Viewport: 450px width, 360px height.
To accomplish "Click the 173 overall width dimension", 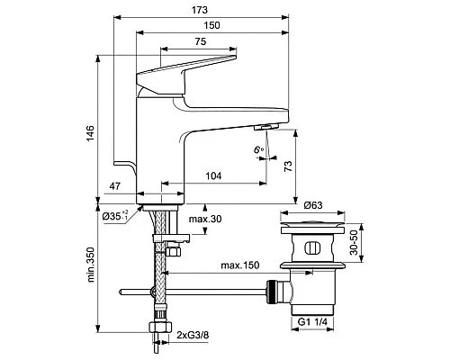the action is [x=200, y=10].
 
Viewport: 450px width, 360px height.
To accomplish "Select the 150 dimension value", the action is [x=211, y=25].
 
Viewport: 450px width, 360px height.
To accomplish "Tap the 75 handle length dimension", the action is [x=201, y=41].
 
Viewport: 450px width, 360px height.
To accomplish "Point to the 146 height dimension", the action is [x=90, y=133].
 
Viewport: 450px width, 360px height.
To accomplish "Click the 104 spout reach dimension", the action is [x=213, y=175].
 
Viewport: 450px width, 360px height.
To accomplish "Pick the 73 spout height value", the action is [x=287, y=166].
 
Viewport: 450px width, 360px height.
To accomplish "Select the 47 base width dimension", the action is [x=114, y=186].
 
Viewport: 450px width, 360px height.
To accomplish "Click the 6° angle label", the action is [x=258, y=149].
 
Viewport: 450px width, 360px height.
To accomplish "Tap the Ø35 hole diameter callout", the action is [x=115, y=216].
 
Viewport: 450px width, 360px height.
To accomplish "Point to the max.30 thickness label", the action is [x=205, y=219].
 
